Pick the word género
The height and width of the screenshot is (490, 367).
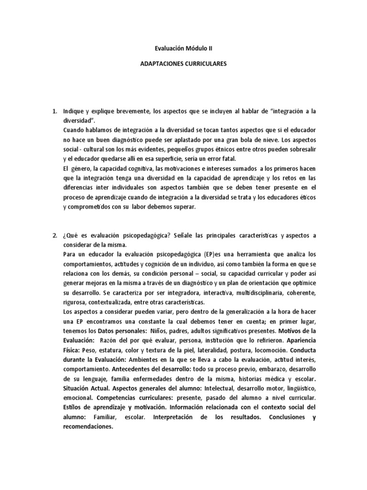click(80, 168)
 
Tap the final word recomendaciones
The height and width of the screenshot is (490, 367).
click(88, 427)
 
